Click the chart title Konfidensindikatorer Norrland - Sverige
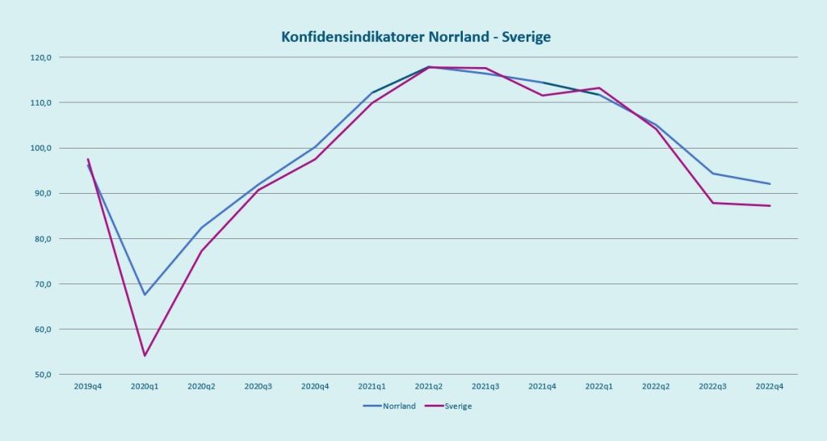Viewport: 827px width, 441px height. tap(416, 37)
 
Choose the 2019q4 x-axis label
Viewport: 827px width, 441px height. tap(88, 387)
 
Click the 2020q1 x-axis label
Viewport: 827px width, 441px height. tap(145, 387)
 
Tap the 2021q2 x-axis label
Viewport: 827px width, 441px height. tap(429, 387)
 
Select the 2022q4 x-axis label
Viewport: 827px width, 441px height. tap(770, 387)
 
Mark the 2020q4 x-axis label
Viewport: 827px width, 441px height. tap(315, 387)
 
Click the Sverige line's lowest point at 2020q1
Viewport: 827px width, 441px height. tap(145, 355)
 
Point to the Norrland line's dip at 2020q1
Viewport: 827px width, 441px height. tap(145, 295)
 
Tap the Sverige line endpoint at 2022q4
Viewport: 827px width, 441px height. tap(770, 206)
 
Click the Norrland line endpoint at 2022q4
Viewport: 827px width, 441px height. tap(770, 184)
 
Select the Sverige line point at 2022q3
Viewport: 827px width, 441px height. tap(713, 203)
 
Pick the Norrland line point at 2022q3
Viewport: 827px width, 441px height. tap(713, 174)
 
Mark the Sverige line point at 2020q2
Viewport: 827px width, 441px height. tap(201, 251)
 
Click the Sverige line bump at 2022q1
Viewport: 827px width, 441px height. tap(599, 88)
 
